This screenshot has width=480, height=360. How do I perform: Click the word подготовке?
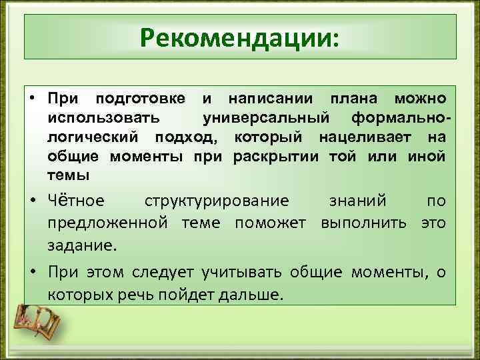(x=141, y=99)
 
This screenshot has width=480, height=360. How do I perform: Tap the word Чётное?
(x=76, y=201)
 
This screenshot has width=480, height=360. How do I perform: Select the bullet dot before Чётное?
(x=33, y=201)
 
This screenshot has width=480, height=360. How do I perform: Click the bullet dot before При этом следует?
(x=33, y=272)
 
